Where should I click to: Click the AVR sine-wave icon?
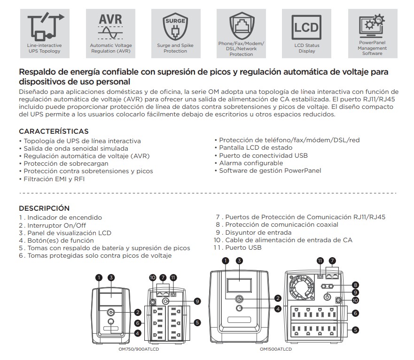coord(110,28)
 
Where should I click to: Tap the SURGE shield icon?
coord(175,28)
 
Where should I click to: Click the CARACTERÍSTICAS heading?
coord(54,131)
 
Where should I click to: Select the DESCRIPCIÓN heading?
coord(44,208)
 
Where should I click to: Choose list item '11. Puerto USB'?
coord(237,247)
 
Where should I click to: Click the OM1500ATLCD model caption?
coord(276,349)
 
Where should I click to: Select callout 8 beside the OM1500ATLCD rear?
coord(356,285)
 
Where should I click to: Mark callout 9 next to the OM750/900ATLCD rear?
coord(197,301)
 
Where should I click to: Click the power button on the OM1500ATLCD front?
coord(239,298)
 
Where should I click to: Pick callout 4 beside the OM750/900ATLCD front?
coord(138,333)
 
